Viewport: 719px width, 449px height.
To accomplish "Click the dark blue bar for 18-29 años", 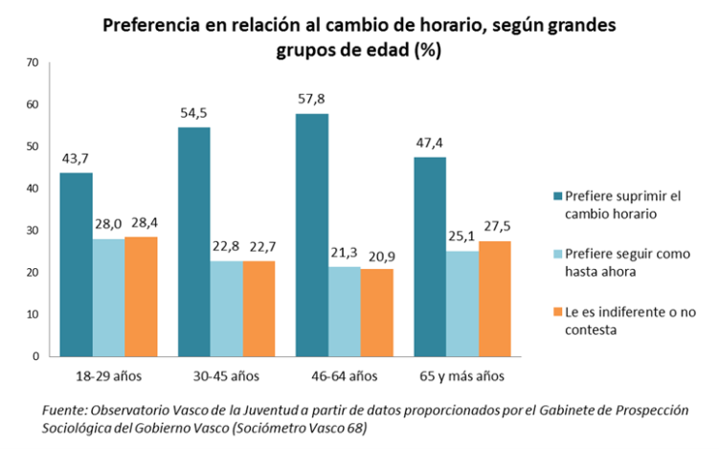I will (x=76, y=264).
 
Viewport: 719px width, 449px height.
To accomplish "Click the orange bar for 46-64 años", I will (x=377, y=312).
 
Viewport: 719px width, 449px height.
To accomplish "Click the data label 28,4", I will (x=142, y=224).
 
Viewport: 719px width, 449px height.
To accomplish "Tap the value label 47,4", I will (x=430, y=145).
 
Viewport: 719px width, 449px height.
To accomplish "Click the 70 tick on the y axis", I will (x=32, y=62).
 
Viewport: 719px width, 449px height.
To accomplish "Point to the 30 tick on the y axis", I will (x=32, y=231).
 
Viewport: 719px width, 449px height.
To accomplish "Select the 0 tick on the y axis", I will (x=34, y=356).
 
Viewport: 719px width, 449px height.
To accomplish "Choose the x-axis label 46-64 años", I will (x=345, y=375).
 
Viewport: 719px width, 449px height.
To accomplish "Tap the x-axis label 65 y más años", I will (x=462, y=375).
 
